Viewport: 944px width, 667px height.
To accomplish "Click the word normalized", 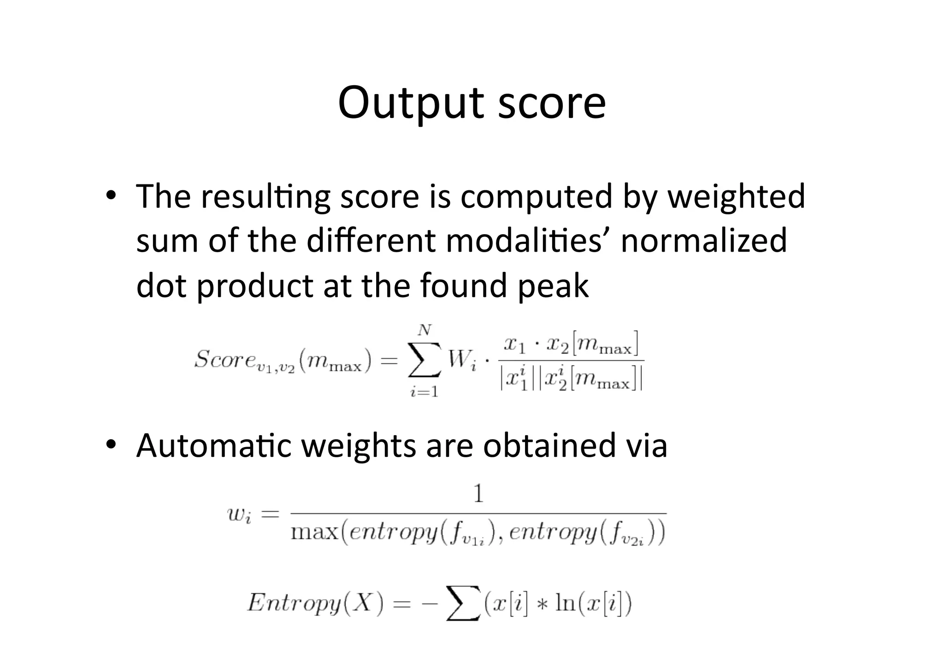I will point(704,241).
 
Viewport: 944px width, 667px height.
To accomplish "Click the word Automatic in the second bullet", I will point(214,446).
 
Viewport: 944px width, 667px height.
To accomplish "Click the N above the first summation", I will point(425,330).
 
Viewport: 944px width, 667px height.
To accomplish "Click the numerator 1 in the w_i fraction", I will point(478,494).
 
